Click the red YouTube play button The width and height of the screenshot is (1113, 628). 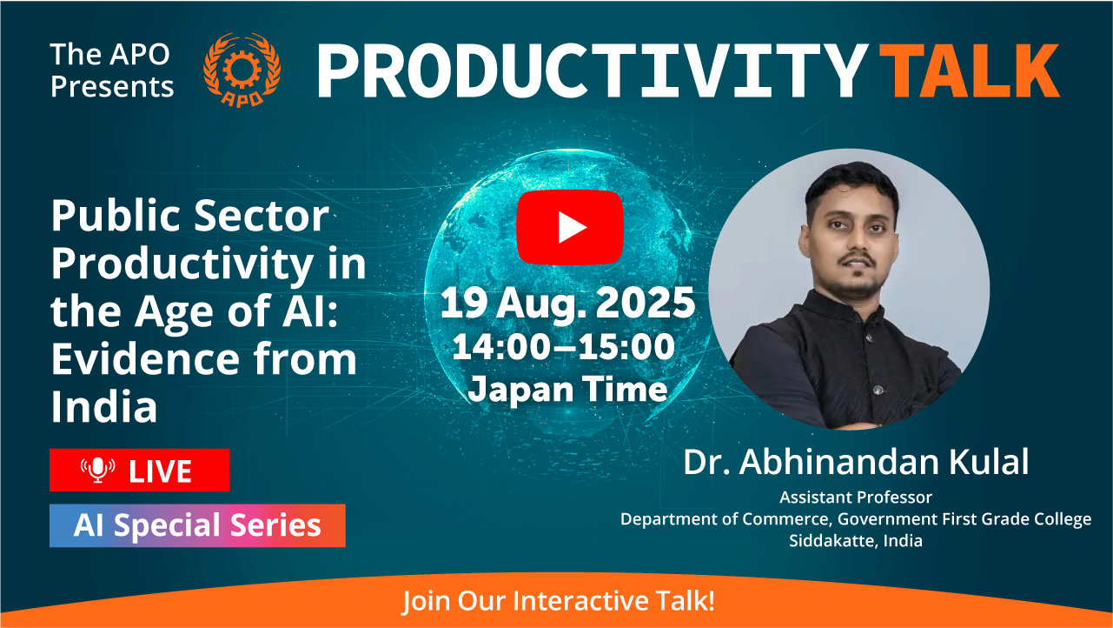(x=570, y=227)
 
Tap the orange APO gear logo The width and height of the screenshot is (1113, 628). (x=242, y=70)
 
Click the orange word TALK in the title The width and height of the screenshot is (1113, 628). (x=970, y=70)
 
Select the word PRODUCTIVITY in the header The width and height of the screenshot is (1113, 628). (x=593, y=70)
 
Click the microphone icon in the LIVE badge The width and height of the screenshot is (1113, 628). (x=98, y=470)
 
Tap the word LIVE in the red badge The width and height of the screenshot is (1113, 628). (x=160, y=471)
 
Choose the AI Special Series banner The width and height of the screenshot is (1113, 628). (x=197, y=525)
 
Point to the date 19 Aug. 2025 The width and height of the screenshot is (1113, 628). (x=567, y=303)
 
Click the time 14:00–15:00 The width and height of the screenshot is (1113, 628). (x=564, y=346)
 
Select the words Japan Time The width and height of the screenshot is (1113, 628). (x=567, y=390)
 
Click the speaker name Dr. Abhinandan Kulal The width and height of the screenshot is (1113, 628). (x=856, y=462)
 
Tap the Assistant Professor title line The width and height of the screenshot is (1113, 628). (x=856, y=498)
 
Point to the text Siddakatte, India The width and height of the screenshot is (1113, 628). (x=856, y=540)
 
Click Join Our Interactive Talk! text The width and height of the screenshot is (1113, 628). (x=558, y=601)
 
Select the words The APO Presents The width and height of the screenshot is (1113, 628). (x=112, y=70)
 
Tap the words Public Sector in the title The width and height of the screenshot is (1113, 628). (x=189, y=215)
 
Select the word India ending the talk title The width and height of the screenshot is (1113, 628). (x=104, y=406)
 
